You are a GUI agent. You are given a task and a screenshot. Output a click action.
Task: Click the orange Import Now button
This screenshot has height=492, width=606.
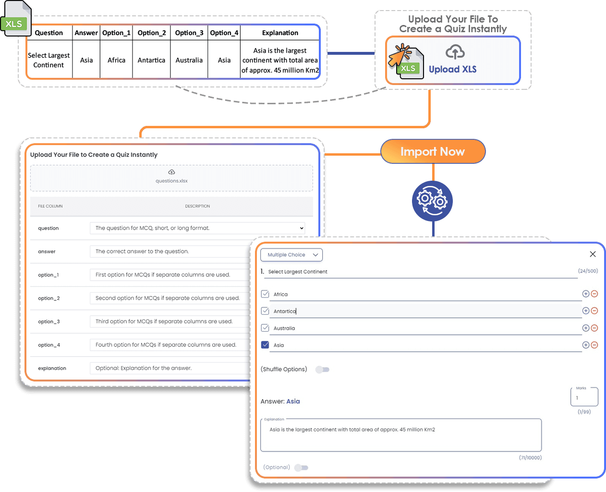point(433,152)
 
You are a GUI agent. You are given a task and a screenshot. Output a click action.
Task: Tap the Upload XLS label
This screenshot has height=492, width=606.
point(452,69)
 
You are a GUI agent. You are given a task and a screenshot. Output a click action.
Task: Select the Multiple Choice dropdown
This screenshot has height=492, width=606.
point(291,255)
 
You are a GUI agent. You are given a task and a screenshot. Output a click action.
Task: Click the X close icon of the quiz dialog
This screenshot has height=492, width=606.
point(593,254)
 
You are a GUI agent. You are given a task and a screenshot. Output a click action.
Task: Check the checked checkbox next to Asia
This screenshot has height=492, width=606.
point(265,345)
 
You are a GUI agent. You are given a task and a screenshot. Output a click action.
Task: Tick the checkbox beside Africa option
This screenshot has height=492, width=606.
point(265,294)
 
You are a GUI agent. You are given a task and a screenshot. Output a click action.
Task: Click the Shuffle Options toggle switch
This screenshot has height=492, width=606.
point(322,369)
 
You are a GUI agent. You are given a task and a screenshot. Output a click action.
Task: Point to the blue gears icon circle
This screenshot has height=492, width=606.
point(432,200)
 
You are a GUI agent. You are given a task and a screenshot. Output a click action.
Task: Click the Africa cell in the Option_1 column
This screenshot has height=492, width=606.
point(116,60)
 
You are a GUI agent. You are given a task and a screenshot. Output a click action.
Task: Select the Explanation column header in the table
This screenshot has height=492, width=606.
point(280,33)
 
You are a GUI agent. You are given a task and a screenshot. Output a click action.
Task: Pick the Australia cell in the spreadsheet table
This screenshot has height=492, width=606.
point(189,60)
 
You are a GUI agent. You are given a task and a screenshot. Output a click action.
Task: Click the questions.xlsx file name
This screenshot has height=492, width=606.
point(171,181)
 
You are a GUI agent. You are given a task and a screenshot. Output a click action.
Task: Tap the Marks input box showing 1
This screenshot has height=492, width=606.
point(584,397)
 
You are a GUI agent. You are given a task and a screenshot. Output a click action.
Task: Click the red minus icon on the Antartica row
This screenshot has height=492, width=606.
point(594,311)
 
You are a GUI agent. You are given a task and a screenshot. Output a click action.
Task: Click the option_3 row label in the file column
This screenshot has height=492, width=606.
point(49,321)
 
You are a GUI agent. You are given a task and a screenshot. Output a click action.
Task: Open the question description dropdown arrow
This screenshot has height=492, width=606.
point(302,228)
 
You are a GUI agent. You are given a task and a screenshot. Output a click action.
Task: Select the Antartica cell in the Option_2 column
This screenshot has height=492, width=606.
point(151,60)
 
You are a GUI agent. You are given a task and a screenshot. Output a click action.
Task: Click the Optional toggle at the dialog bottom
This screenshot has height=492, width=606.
point(301,467)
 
